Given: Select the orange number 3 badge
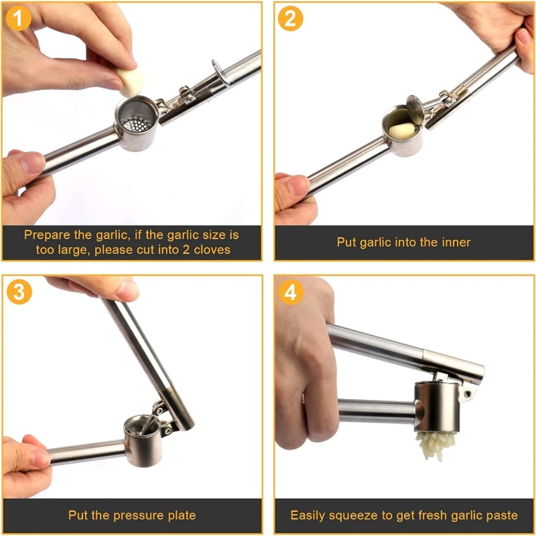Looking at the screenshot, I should point(19,292).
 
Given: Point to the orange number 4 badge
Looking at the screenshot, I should point(291,292).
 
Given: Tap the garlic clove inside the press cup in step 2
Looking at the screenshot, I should point(402,130).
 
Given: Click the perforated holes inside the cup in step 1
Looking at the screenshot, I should point(137,124).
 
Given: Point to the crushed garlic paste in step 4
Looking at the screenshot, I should point(435,444).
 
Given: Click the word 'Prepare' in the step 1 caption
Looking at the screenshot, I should point(46,235).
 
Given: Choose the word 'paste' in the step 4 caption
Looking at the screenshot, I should point(501,516).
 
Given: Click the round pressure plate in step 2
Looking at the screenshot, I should point(415,109).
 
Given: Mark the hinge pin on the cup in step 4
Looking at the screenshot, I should point(468,394).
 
